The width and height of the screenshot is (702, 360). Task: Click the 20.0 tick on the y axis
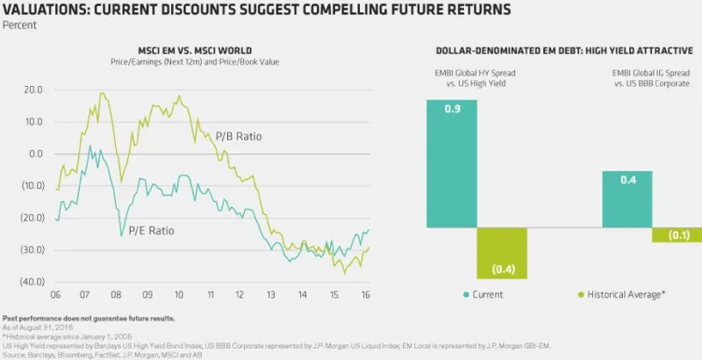click(34, 90)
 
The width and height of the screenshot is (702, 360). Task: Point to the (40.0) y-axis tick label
click(32, 282)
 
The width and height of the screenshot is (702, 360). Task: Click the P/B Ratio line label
click(239, 137)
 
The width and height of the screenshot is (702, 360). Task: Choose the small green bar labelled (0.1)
click(677, 235)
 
